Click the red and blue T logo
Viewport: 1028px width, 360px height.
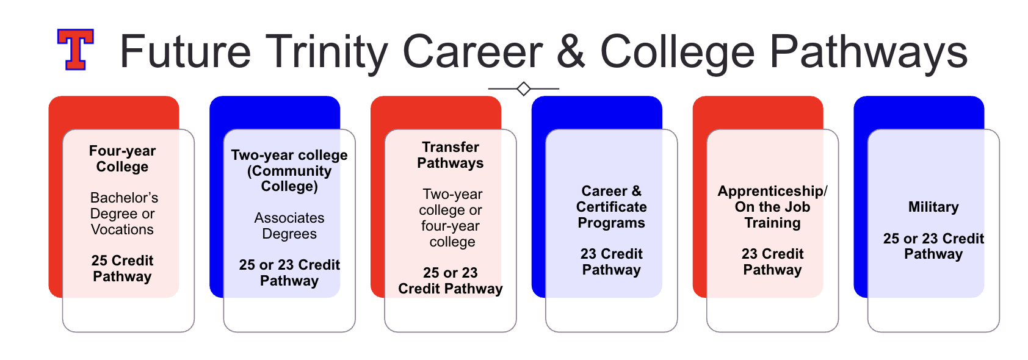coord(76,49)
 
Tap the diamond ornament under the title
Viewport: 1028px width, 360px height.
coord(524,88)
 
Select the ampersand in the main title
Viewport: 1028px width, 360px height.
coord(571,51)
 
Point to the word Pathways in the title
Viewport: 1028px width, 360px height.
coord(869,52)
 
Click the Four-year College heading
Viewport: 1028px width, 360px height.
coord(122,159)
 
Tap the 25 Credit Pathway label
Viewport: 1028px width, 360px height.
coord(122,268)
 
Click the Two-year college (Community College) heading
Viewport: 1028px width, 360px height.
coord(289,171)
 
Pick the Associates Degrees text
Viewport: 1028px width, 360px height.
coord(289,226)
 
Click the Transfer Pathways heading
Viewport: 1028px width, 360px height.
coord(451,155)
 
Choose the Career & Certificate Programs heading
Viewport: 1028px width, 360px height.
coord(611,207)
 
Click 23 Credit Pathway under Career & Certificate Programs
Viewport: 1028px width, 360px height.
coord(611,262)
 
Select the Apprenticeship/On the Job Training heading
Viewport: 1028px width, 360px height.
coord(772,207)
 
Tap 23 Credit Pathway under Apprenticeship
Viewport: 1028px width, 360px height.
coord(772,262)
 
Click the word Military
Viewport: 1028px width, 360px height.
coord(933,207)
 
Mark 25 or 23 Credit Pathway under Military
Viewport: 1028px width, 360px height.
coord(933,247)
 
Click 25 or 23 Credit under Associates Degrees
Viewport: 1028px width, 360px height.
coord(289,265)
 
